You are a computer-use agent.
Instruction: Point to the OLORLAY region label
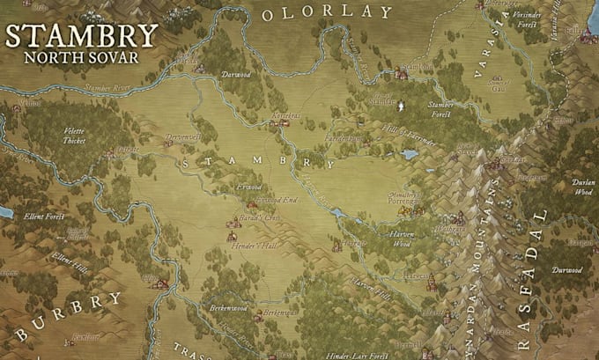coord(326,12)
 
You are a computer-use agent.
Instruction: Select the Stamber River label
coord(109,88)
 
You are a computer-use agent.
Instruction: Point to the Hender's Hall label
coord(257,246)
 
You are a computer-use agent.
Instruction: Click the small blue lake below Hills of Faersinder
coord(409,154)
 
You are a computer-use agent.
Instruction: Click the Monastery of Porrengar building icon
coord(419,209)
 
